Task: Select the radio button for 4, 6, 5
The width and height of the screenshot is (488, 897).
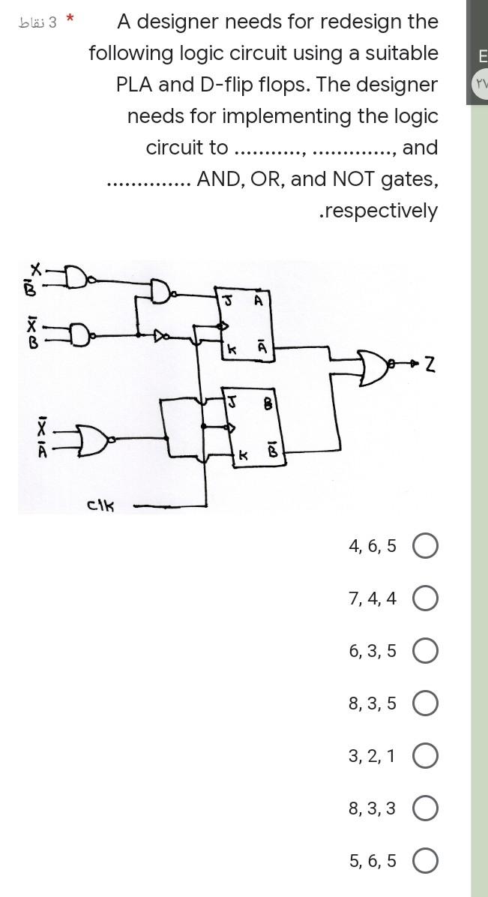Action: [425, 546]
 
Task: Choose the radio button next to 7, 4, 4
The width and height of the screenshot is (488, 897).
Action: [425, 598]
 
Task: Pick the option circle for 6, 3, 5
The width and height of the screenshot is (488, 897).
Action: [425, 651]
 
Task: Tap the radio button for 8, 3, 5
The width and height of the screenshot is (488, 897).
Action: [425, 703]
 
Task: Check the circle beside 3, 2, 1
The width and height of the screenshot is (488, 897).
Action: [425, 756]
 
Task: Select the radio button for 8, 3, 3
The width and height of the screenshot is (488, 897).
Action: [425, 808]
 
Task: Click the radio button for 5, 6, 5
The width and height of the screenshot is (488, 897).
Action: [425, 861]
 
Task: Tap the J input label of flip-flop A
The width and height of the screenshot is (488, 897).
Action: [226, 301]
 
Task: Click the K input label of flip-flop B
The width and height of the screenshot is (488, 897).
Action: [243, 455]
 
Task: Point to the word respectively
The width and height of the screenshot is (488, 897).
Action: [379, 211]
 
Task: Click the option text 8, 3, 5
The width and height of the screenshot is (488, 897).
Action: [372, 703]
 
